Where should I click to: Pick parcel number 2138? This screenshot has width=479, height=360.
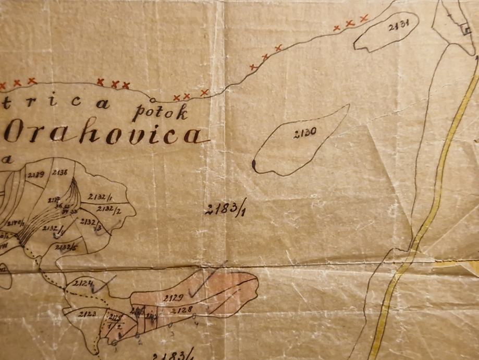[x=60, y=173]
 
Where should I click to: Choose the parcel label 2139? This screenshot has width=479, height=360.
[x=36, y=174]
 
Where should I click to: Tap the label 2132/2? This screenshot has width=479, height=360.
[x=108, y=210]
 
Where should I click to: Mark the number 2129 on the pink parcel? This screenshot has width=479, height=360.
[x=173, y=298]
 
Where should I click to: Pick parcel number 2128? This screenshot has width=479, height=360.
[x=182, y=310]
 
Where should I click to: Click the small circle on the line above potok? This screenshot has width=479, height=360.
[x=152, y=100]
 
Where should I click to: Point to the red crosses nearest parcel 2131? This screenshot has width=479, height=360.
[x=350, y=23]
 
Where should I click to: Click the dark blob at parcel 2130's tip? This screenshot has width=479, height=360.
[x=254, y=165]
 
